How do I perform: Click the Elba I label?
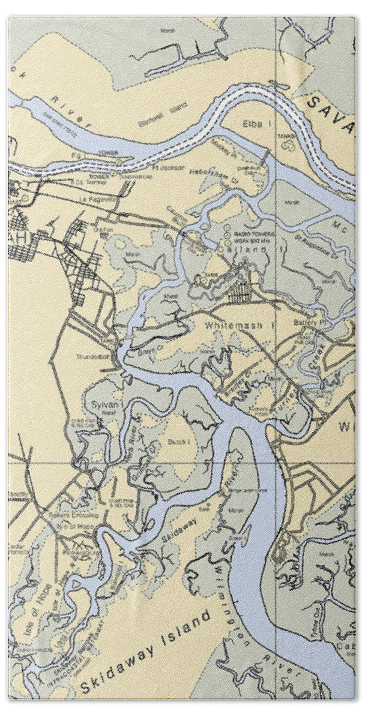point(250,125)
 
